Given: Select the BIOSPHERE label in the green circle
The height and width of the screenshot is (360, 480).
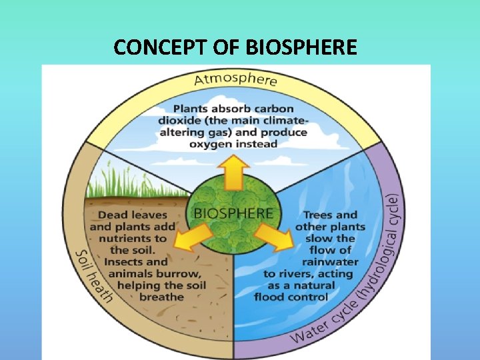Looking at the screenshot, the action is [233, 213].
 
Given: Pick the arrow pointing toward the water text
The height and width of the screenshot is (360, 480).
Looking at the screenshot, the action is [271, 235].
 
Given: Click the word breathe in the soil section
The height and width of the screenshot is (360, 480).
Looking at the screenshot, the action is [161, 297].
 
